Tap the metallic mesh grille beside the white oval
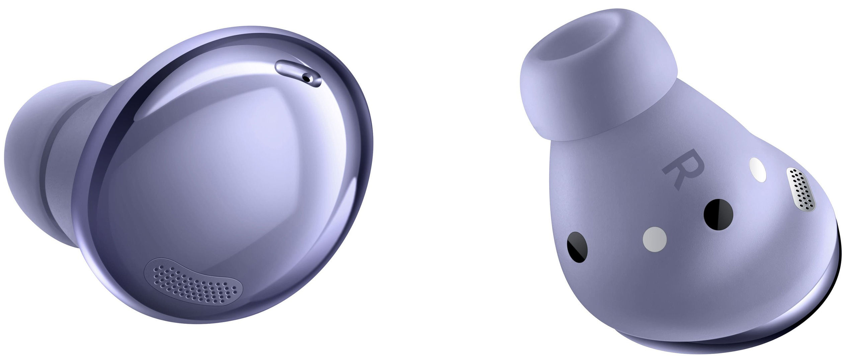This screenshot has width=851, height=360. point(801,190)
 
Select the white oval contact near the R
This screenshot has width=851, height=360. point(758,170)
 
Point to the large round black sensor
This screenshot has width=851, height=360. point(718,214)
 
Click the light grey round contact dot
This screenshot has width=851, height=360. point(655,239)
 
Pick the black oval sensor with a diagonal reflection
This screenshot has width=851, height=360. point(577,247)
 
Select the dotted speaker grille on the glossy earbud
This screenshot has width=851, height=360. point(193,281)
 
